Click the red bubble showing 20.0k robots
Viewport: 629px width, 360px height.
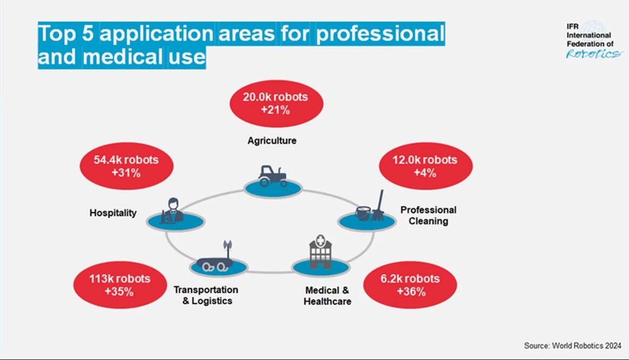(275, 104)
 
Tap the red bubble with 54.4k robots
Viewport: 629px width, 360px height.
(126, 166)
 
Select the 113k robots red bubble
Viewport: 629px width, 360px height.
(119, 285)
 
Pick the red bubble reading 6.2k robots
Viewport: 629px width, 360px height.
(410, 285)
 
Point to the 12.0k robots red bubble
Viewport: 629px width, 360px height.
(425, 166)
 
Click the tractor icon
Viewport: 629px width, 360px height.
(272, 175)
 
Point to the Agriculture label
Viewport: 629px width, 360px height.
(272, 141)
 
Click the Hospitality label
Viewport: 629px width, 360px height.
(113, 213)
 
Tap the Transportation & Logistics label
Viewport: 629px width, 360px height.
(206, 295)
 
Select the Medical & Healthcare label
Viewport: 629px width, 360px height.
(327, 296)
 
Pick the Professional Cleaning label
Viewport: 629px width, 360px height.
(428, 215)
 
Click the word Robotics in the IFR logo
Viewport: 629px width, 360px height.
(592, 53)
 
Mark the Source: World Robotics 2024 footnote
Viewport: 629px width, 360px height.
(572, 346)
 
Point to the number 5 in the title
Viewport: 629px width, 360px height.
(86, 34)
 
